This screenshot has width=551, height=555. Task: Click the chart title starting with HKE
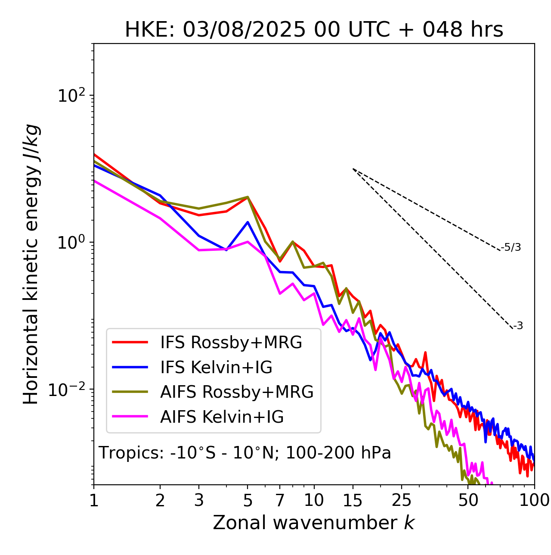pos(314,30)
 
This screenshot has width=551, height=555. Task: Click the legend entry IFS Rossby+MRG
pos(231,342)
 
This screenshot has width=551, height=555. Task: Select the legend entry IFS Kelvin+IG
pos(216,367)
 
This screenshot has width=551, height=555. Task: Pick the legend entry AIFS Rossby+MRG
pos(237,392)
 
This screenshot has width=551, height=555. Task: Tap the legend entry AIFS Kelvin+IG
pos(222,417)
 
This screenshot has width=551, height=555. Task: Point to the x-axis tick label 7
pos(280,500)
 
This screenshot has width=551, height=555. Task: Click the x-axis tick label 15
pos(353,500)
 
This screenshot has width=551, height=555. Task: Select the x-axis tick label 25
pos(402,500)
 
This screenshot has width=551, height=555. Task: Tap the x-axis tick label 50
pos(468,500)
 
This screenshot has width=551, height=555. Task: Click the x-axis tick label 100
pos(534,500)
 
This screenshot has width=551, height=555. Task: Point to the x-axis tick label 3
pos(199,500)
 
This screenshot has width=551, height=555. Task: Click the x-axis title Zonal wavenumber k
pos(314,523)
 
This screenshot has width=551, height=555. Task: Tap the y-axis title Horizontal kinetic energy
pos(31,264)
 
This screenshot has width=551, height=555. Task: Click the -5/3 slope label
pos(511,247)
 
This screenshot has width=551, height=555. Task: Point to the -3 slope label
pos(518,326)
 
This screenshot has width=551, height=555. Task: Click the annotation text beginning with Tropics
pos(245,453)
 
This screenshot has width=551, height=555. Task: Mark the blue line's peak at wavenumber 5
pos(248,222)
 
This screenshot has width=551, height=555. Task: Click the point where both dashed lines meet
pos(353,169)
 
